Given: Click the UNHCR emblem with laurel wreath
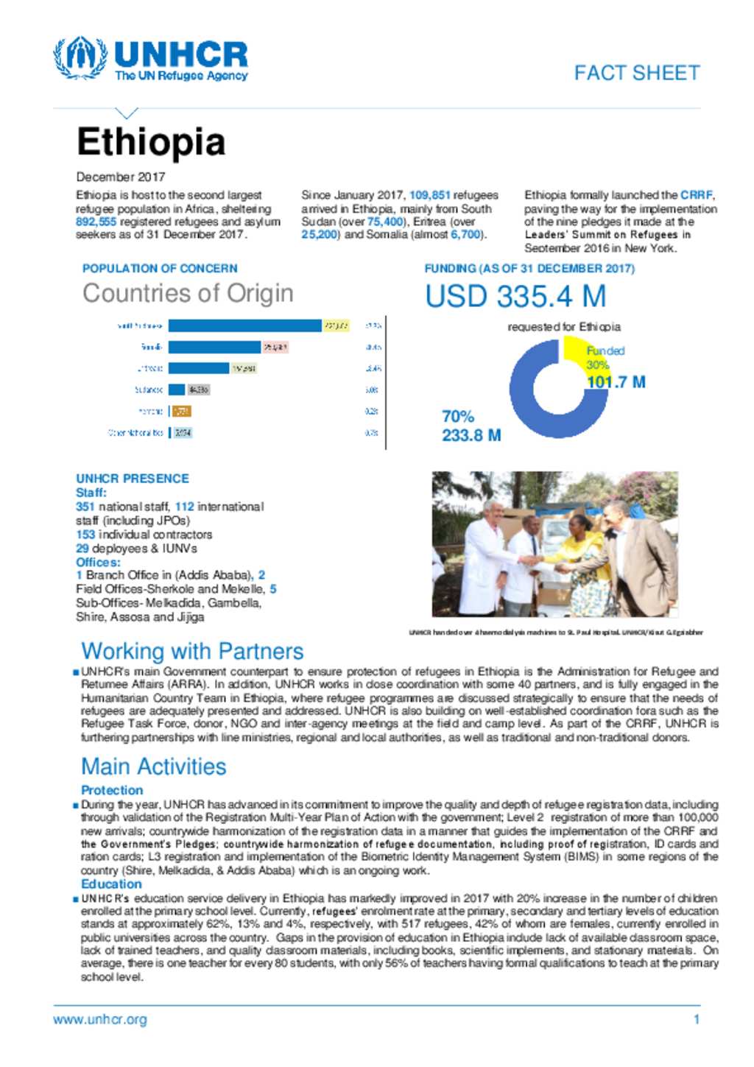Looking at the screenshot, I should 80,58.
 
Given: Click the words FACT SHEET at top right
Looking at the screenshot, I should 637,73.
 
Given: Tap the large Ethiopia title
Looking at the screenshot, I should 151,142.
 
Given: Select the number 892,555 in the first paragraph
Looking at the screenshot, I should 96,222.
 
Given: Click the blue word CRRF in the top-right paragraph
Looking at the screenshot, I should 696,195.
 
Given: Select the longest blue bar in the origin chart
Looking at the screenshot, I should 244,325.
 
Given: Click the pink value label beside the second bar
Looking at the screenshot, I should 275,347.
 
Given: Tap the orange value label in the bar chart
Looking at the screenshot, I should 181,411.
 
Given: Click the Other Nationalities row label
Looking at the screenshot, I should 135,433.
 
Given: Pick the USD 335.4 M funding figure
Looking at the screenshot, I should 515,297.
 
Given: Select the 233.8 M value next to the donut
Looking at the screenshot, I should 471,435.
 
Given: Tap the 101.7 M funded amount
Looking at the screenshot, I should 616,382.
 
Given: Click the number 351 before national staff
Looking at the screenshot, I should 85,507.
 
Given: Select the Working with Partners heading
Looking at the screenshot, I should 192,651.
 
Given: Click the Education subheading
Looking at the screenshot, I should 111,884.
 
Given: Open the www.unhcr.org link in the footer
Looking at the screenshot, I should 100,1019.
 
